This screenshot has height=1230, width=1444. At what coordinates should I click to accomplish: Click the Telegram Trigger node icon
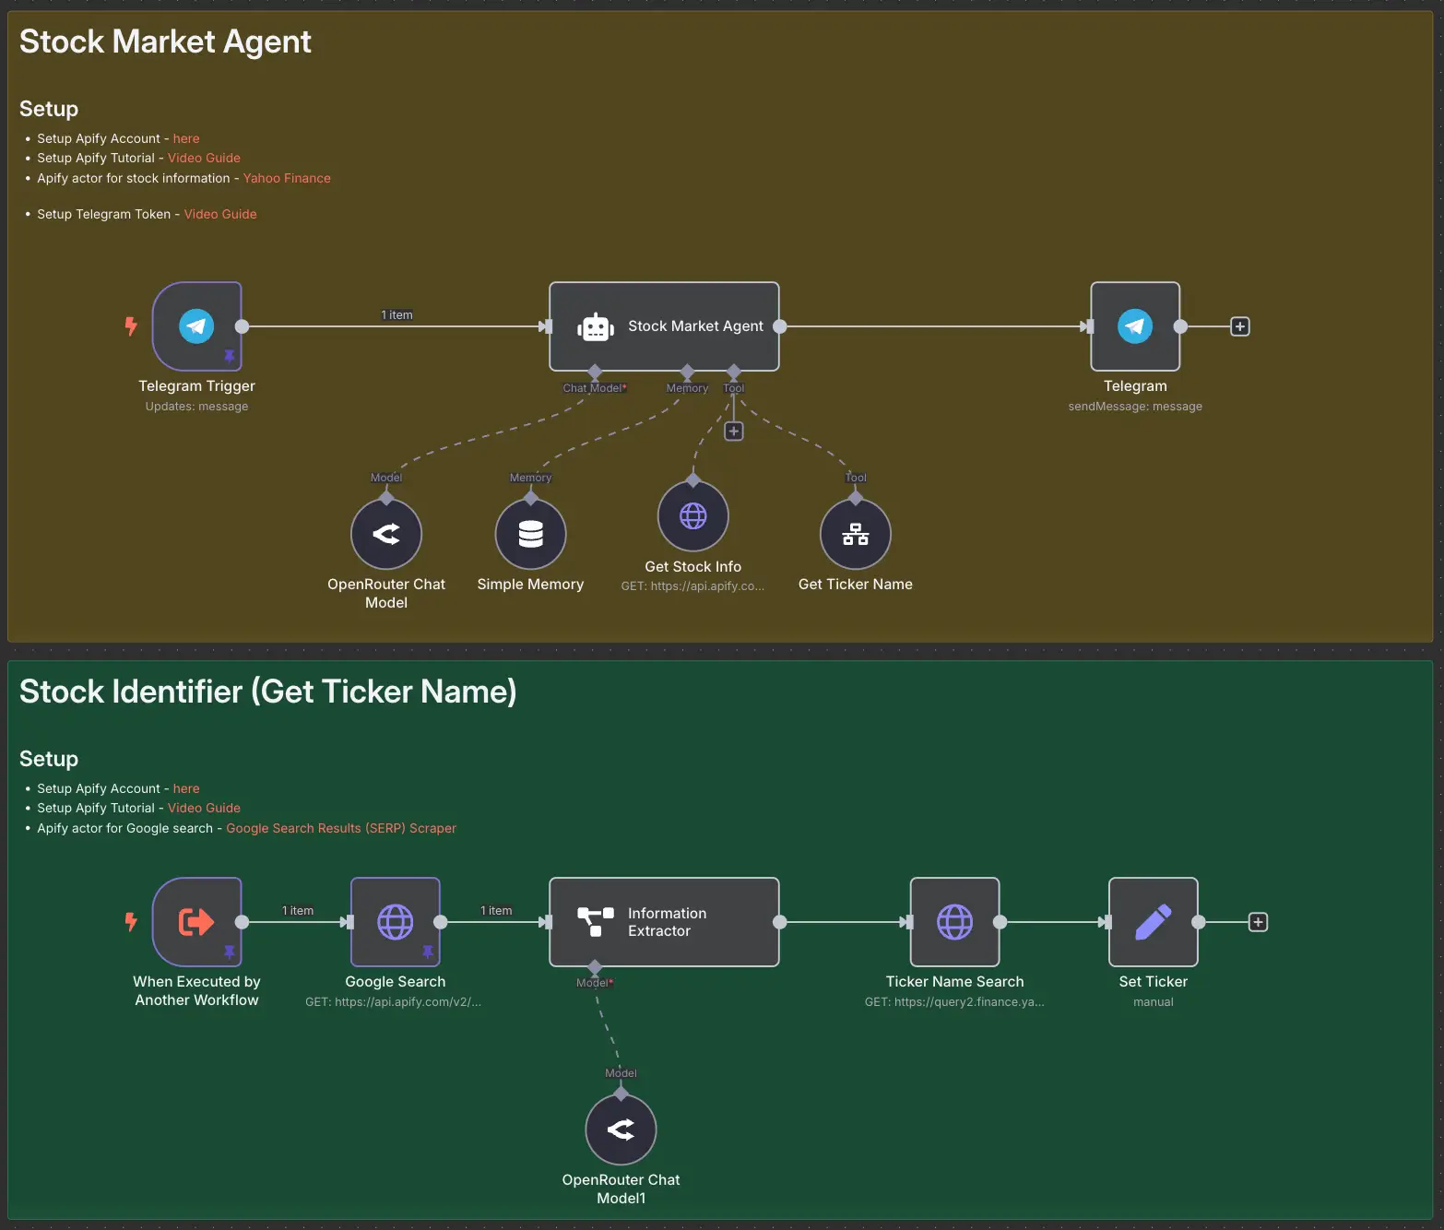pyautogui.click(x=196, y=326)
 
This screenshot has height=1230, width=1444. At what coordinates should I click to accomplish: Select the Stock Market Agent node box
pyautogui.click(x=664, y=326)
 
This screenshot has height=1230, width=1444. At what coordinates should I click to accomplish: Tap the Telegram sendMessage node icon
pyautogui.click(x=1135, y=326)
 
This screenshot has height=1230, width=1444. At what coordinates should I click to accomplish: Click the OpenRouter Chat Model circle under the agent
pyautogui.click(x=386, y=534)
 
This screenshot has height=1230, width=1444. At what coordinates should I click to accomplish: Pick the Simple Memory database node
pyautogui.click(x=530, y=534)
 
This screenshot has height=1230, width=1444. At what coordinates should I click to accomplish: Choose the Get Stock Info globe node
pyautogui.click(x=692, y=516)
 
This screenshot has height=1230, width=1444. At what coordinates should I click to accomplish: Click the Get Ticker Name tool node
pyautogui.click(x=855, y=534)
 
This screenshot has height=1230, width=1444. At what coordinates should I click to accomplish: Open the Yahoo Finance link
pyautogui.click(x=287, y=178)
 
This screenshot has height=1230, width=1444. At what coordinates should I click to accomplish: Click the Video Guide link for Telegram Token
pyautogui.click(x=220, y=214)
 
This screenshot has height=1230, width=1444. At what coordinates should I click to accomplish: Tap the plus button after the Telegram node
pyautogui.click(x=1240, y=326)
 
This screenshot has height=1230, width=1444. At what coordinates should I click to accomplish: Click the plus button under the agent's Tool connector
pyautogui.click(x=733, y=432)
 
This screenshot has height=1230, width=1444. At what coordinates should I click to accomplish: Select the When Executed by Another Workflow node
pyautogui.click(x=196, y=922)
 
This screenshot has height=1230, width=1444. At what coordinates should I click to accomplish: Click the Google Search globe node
pyautogui.click(x=396, y=922)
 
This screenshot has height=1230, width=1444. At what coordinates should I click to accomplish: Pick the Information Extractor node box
pyautogui.click(x=664, y=922)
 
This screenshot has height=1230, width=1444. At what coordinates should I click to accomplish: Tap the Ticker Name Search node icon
pyautogui.click(x=954, y=922)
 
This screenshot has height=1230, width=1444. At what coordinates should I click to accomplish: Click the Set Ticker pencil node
pyautogui.click(x=1153, y=922)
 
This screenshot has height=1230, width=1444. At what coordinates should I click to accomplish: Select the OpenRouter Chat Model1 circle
pyautogui.click(x=621, y=1129)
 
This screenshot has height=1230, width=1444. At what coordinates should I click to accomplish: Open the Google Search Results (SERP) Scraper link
pyautogui.click(x=341, y=828)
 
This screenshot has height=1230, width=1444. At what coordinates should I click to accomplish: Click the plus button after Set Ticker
pyautogui.click(x=1258, y=922)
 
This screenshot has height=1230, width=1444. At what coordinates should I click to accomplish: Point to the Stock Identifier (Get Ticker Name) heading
pyautogui.click(x=267, y=692)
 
